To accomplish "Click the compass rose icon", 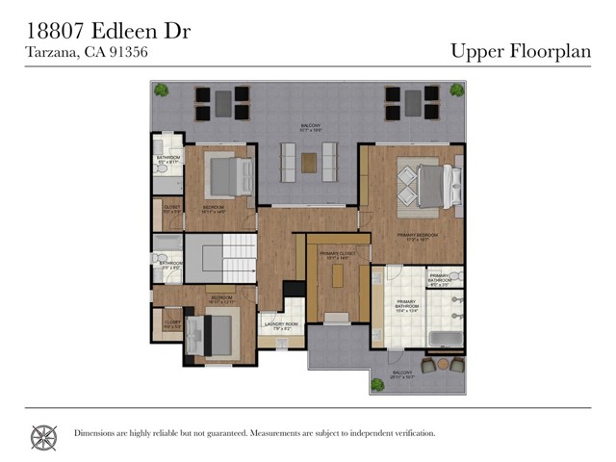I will point(43,437).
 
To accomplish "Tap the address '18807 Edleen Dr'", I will point(107,31).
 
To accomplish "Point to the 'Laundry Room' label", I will point(281,324).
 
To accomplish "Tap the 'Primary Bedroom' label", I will point(418,235).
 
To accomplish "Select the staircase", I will point(220,258).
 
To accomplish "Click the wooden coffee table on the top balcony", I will point(308,163).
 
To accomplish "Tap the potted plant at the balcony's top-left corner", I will point(162,91).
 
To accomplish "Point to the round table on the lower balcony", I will point(444,365).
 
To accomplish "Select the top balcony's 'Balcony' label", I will point(310,125).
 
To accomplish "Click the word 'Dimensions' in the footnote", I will point(94,433).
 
